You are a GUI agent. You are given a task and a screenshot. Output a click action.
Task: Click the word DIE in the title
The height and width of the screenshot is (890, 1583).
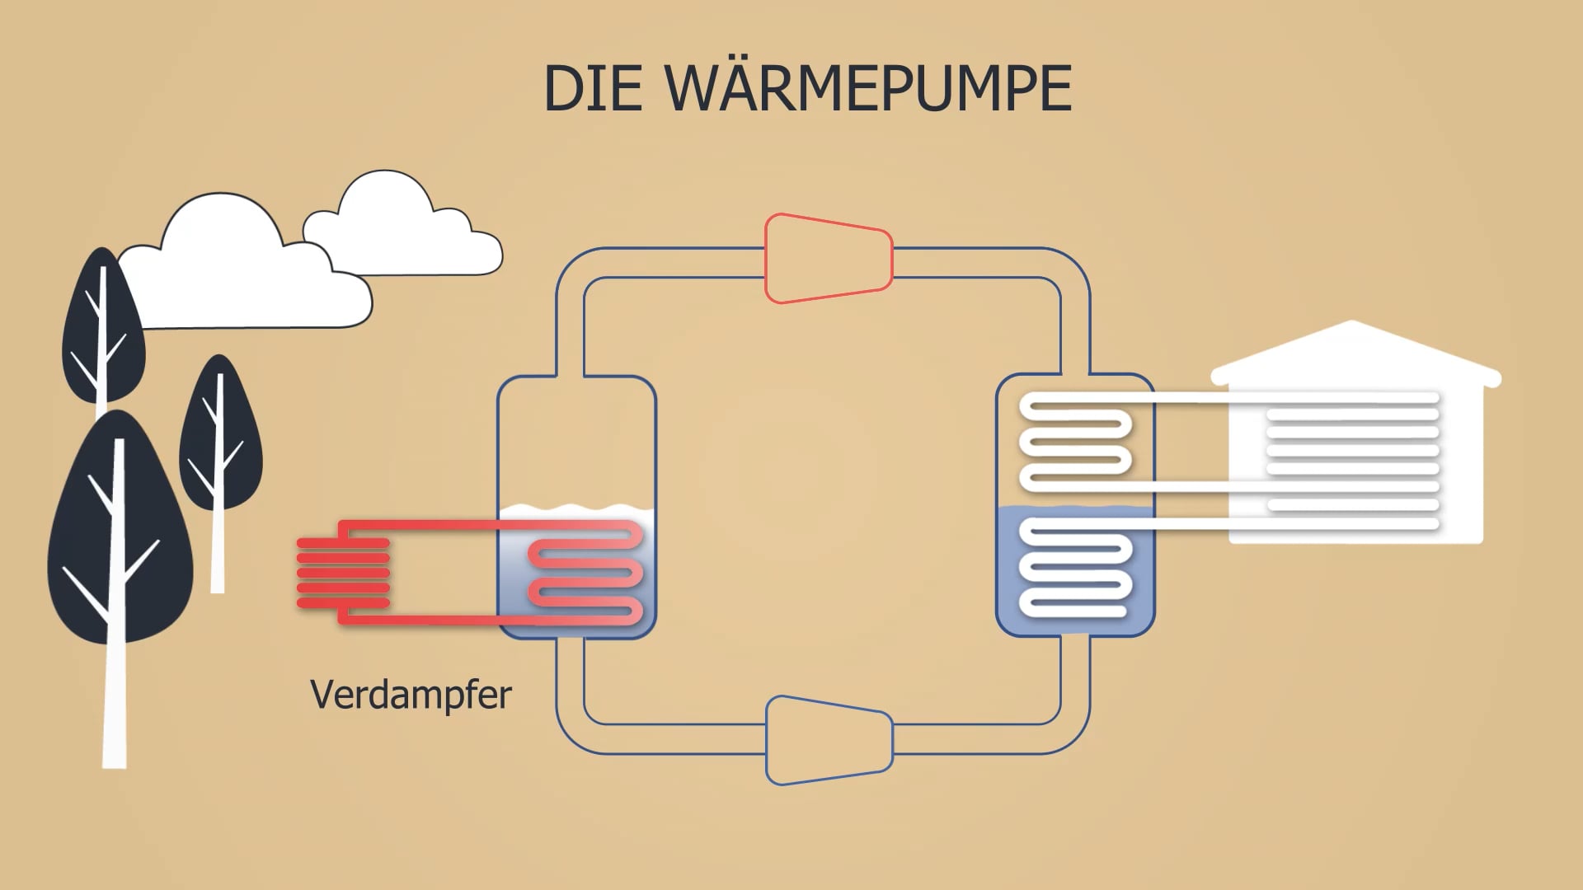(x=593, y=89)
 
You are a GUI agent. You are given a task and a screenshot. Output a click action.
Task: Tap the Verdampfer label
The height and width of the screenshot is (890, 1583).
(x=411, y=695)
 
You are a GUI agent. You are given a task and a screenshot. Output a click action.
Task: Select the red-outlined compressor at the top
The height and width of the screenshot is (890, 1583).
(x=829, y=259)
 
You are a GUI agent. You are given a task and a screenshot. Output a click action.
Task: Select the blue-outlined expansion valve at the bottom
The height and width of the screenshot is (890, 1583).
(x=829, y=740)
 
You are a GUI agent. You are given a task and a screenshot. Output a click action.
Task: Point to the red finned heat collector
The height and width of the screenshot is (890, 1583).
(x=343, y=573)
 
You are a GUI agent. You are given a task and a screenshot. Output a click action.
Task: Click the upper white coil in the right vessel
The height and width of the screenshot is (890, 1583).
(x=1075, y=445)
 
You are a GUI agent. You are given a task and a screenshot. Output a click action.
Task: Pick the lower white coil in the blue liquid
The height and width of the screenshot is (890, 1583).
(x=1075, y=569)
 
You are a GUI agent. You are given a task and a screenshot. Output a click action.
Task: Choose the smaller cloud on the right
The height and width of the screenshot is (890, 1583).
(x=404, y=231)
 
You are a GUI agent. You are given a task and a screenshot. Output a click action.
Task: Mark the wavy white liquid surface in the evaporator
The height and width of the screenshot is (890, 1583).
(x=577, y=511)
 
